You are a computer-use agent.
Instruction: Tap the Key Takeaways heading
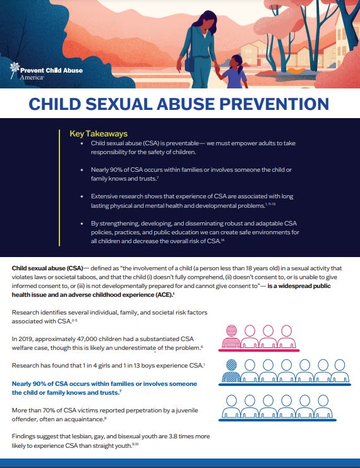[x=98, y=134]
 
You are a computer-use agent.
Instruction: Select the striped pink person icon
[x=230, y=333]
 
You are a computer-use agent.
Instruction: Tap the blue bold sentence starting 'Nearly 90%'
[x=104, y=388]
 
